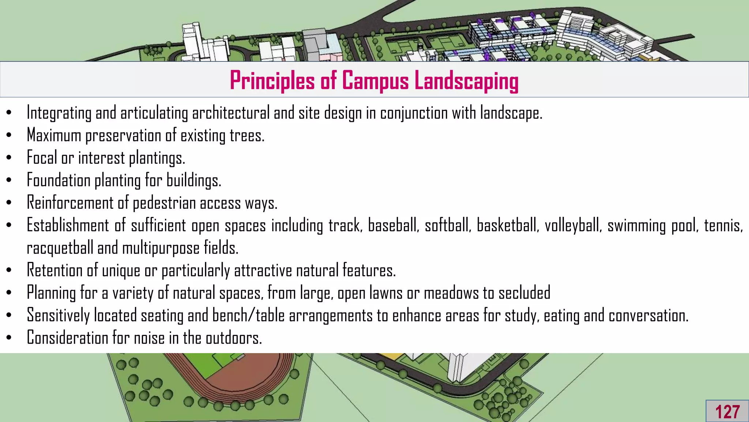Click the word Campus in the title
click(x=375, y=81)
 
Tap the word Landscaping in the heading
click(x=466, y=81)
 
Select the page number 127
click(x=727, y=412)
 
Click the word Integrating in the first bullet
click(x=59, y=113)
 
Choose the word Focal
click(x=42, y=158)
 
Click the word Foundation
click(x=59, y=181)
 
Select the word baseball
click(x=393, y=225)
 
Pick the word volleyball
click(x=573, y=225)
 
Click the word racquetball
click(x=60, y=248)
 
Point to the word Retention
click(x=55, y=271)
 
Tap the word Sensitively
click(x=58, y=316)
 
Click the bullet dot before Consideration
click(x=9, y=338)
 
